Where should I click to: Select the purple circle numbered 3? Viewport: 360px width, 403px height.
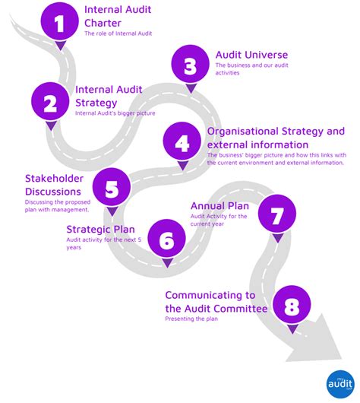tap(190, 67)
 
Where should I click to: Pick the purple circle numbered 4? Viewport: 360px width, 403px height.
tap(182, 142)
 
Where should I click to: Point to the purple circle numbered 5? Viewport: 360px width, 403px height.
tap(111, 188)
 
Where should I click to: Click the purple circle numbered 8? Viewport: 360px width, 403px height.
tap(292, 306)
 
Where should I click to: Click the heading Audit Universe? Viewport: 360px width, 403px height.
tap(251, 55)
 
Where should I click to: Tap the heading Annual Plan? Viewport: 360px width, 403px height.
tap(219, 205)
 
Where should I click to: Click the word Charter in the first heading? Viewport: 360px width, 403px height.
tap(103, 23)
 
